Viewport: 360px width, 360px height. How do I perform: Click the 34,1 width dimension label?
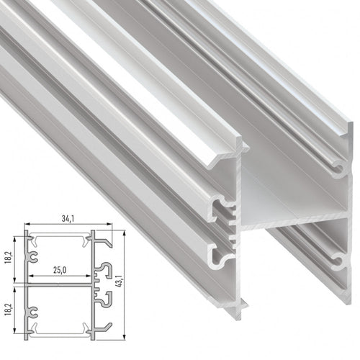68,219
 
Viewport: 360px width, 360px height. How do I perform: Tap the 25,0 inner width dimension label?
60,270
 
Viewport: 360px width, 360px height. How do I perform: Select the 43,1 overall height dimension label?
120,280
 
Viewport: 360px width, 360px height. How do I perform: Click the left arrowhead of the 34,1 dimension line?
27,224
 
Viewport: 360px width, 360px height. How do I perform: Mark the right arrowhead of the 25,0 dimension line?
89,276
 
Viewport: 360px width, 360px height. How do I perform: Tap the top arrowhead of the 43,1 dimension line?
124,233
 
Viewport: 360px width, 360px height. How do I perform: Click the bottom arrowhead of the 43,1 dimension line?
124,338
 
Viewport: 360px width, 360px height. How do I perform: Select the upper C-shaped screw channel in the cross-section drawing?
32,257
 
